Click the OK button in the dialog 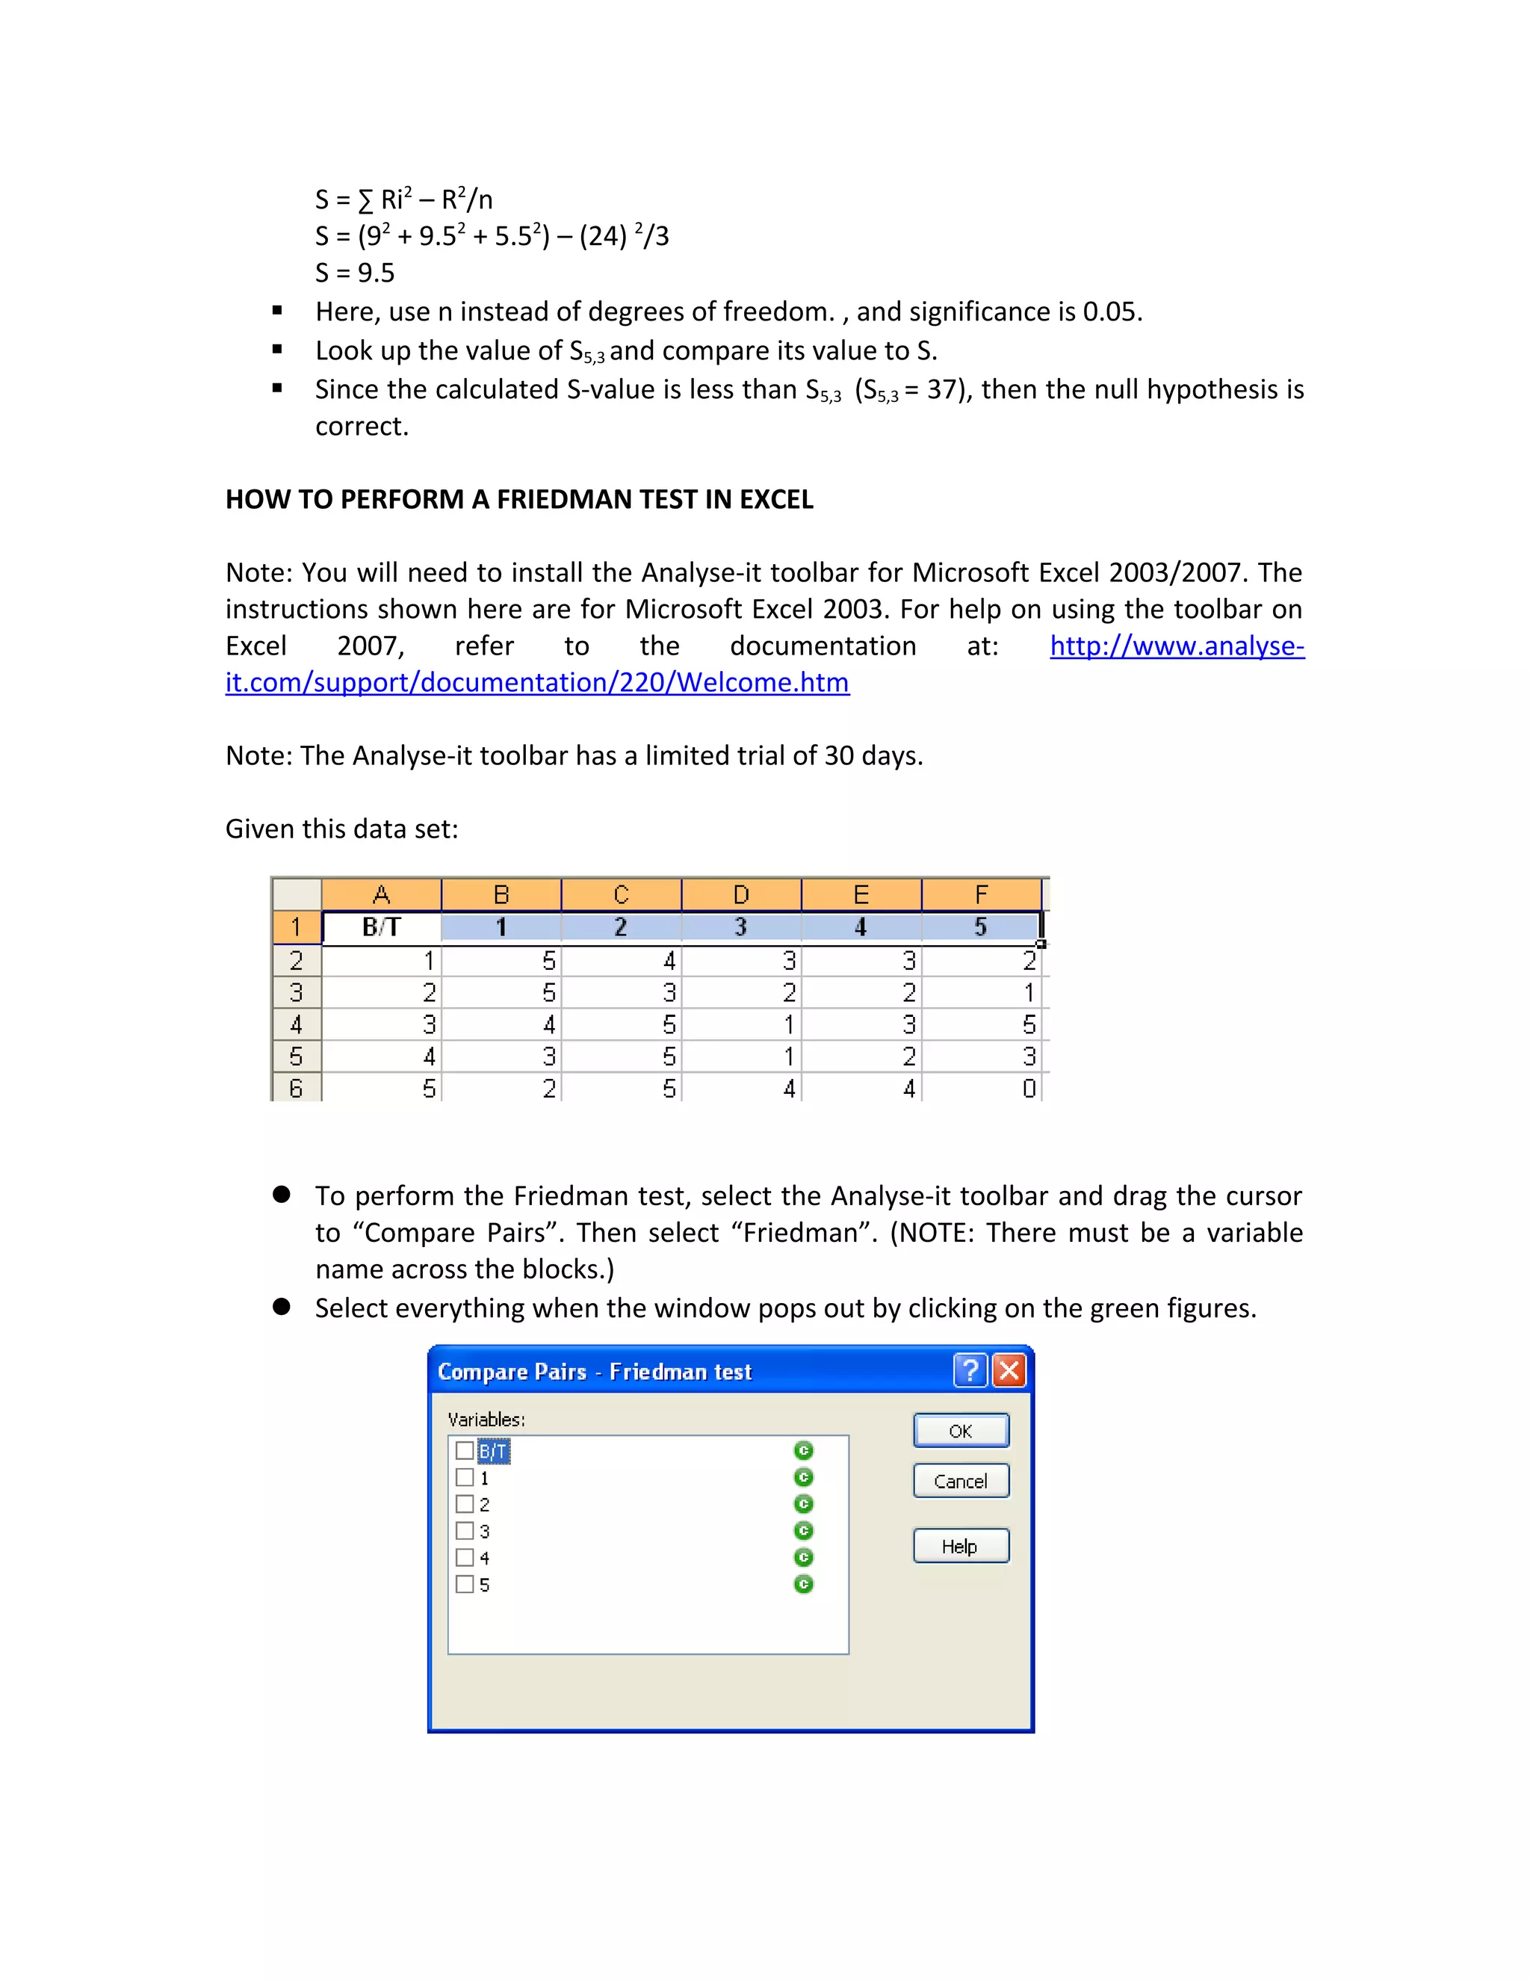tap(961, 1431)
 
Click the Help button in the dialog tap(961, 1546)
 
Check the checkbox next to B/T tap(465, 1450)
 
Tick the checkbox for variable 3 tap(465, 1530)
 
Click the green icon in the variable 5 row tap(803, 1584)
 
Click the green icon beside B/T tap(803, 1450)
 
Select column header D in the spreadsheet tap(740, 895)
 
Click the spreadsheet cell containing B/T tap(382, 926)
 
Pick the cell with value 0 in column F tap(982, 1088)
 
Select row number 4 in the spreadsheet tap(297, 1024)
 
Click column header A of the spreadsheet tap(382, 895)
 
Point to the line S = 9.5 tap(356, 273)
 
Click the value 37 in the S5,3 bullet tap(942, 390)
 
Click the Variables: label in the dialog tap(487, 1419)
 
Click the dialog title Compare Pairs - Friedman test tap(595, 1371)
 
